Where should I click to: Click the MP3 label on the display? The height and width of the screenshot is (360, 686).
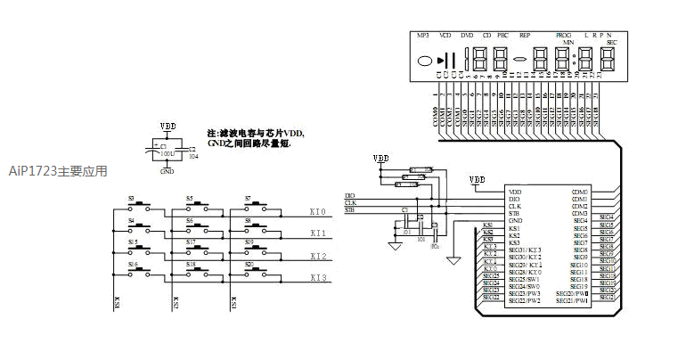pyautogui.click(x=423, y=35)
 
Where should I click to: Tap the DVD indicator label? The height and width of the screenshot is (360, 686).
pyautogui.click(x=467, y=35)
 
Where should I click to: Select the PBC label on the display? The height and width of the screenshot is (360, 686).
pyautogui.click(x=502, y=35)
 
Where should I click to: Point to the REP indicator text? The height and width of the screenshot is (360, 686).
pyautogui.click(x=525, y=35)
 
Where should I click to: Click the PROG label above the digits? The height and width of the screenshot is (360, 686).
pyautogui.click(x=564, y=35)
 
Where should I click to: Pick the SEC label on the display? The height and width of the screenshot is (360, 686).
pyautogui.click(x=612, y=42)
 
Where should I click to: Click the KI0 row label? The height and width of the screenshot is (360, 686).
pyautogui.click(x=317, y=211)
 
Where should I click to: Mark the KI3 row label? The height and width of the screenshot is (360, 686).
pyautogui.click(x=317, y=278)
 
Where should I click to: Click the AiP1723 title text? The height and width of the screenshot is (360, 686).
pyautogui.click(x=58, y=170)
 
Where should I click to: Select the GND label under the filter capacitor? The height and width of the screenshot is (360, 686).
pyautogui.click(x=167, y=170)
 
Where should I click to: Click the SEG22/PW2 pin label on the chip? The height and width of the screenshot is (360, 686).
pyautogui.click(x=525, y=301)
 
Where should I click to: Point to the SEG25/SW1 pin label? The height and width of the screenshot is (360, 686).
pyautogui.click(x=525, y=279)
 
